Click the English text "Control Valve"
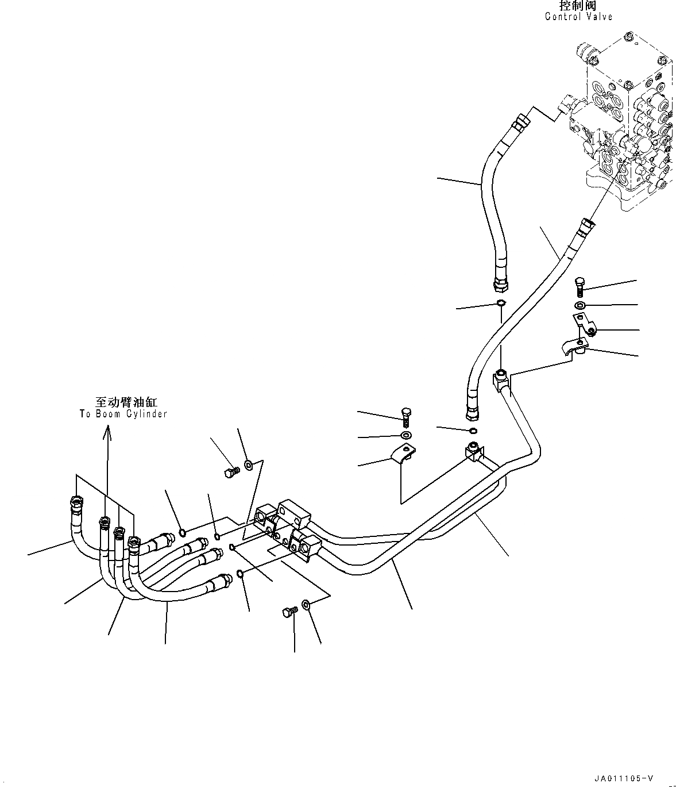[578, 17]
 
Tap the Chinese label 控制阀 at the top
[578, 6]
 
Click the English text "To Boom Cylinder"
[123, 414]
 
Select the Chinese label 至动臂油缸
[126, 403]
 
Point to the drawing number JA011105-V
[624, 778]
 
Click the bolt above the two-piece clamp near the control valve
[580, 286]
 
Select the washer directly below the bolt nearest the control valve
[580, 304]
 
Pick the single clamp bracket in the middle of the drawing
[404, 454]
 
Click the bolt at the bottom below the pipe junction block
[288, 613]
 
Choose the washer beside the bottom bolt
[306, 605]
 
